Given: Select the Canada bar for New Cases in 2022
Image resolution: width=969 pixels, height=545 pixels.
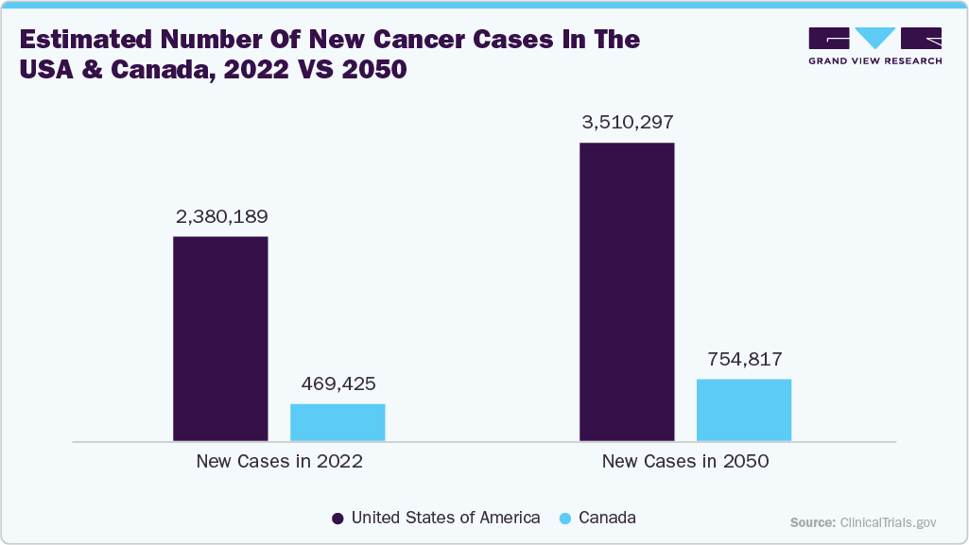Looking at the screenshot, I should (337, 422).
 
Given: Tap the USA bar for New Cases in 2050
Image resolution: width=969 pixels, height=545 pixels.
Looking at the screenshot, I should (627, 292).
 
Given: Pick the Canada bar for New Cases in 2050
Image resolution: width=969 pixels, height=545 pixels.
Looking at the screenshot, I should (744, 410).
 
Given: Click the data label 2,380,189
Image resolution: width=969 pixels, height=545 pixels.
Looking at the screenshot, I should (221, 216).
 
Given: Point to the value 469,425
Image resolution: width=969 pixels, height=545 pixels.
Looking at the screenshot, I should (337, 384).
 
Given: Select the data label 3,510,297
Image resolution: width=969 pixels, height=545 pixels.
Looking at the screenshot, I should (627, 123).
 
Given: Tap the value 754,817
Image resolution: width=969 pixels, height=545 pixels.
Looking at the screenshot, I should (744, 360).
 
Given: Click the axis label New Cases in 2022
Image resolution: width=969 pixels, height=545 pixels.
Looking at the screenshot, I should (279, 462).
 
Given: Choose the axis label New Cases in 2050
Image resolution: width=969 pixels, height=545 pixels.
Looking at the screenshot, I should (685, 462).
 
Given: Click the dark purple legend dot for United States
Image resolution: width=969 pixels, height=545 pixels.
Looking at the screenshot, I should (337, 519).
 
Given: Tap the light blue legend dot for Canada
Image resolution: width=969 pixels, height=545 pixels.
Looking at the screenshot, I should (565, 519).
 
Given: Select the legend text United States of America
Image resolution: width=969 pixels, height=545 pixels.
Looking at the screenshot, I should (445, 518).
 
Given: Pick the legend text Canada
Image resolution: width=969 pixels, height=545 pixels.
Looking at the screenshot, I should (607, 518).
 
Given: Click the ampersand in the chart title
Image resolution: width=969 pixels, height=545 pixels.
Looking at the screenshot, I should (99, 71).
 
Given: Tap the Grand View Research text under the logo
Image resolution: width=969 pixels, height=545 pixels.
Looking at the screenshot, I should (874, 61).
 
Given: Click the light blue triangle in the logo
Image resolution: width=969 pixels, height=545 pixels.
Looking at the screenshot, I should (875, 38).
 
